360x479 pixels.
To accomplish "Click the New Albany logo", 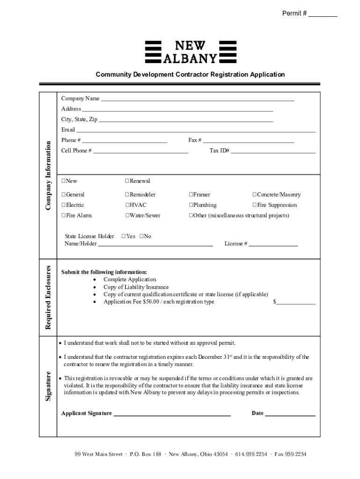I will (x=191, y=51).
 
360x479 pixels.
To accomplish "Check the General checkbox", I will (x=64, y=195).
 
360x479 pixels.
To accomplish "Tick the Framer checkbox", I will (x=191, y=195).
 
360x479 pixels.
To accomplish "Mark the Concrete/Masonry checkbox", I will (x=254, y=195).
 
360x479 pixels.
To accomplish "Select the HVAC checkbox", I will (x=127, y=205).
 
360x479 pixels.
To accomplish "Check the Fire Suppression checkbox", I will (x=254, y=205).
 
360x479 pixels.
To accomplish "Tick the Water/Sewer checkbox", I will (x=127, y=216).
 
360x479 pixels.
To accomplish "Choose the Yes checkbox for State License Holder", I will (x=123, y=237).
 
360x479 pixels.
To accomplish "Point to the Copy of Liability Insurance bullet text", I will (x=136, y=287).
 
